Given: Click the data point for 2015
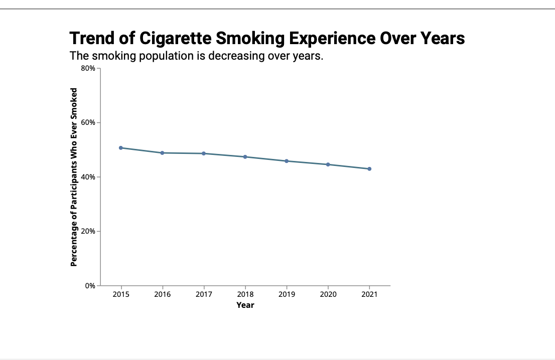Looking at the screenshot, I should pyautogui.click(x=121, y=148).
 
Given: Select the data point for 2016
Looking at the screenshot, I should pyautogui.click(x=162, y=153).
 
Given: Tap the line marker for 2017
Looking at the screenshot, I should pyautogui.click(x=204, y=153).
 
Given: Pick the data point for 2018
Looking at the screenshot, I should pyautogui.click(x=245, y=157).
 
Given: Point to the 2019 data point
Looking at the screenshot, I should pyautogui.click(x=287, y=161).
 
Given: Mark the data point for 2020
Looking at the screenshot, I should pyautogui.click(x=328, y=164).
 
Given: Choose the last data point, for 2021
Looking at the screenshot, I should pyautogui.click(x=369, y=169).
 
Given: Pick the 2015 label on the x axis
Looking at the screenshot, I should pyautogui.click(x=121, y=295).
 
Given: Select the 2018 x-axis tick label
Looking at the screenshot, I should pyautogui.click(x=245, y=295).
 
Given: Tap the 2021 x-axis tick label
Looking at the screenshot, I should pyautogui.click(x=369, y=295).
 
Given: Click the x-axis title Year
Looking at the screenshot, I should pyautogui.click(x=245, y=305).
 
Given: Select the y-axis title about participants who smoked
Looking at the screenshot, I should pyautogui.click(x=74, y=177).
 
